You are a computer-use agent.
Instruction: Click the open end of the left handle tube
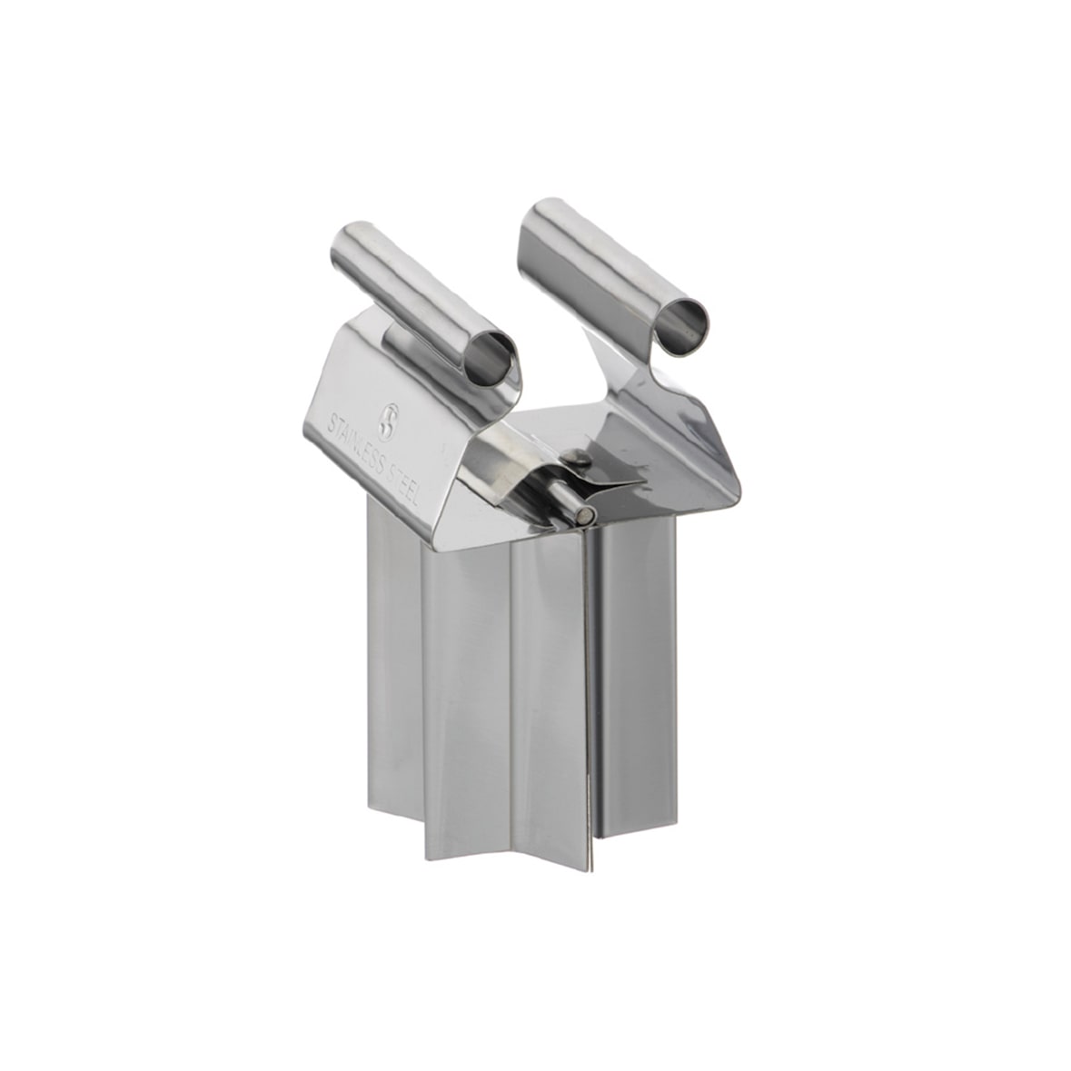tap(491, 356)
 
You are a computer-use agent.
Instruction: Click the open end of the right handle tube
tap(683, 331)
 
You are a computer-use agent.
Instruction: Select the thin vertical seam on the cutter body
tap(592, 690)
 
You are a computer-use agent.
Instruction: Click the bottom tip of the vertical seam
tap(592, 860)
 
